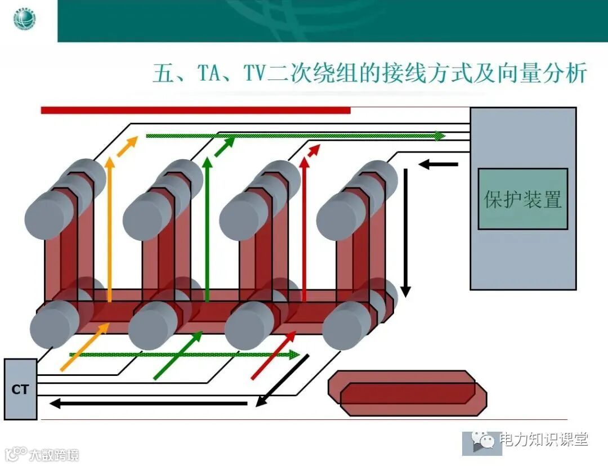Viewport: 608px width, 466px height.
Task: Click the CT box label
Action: coord(20,389)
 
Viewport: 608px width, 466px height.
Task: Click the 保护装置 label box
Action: coord(522,199)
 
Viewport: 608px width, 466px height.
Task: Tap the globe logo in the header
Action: coord(24,20)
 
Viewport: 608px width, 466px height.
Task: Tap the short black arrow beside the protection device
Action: coord(439,164)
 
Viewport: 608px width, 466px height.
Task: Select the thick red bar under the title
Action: coord(195,110)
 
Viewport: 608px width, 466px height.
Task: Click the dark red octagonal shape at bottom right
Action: coord(408,393)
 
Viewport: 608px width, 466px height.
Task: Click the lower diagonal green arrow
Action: coord(177,355)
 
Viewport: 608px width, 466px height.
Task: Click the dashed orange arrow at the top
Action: coord(127,146)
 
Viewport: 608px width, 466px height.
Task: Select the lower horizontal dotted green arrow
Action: coord(184,355)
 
